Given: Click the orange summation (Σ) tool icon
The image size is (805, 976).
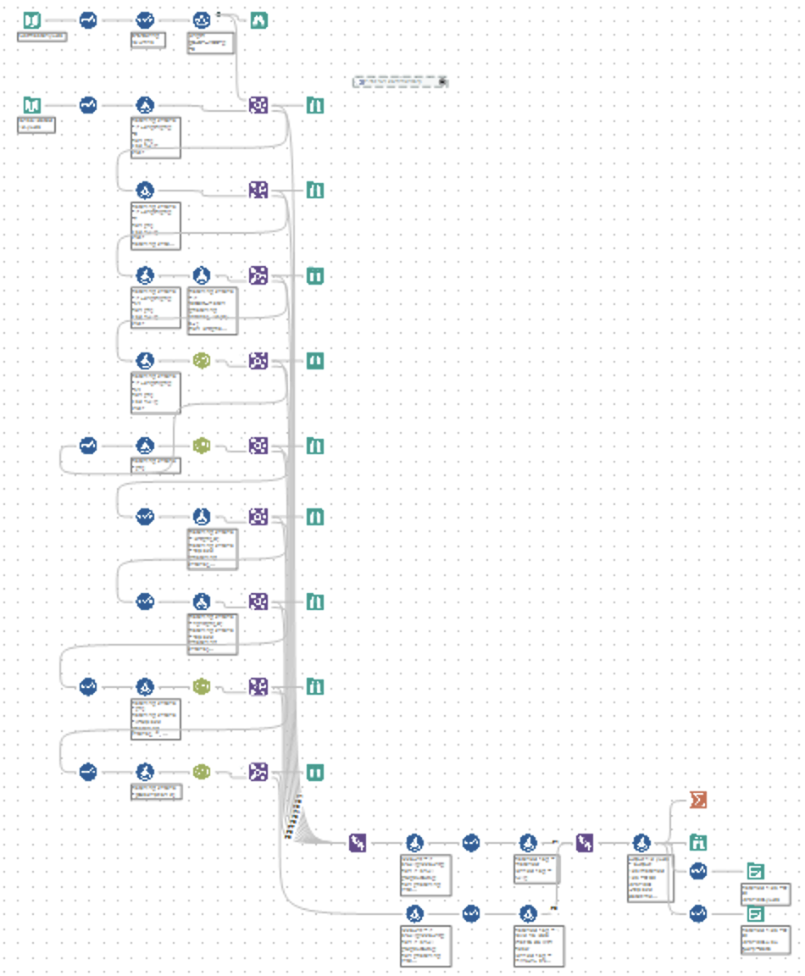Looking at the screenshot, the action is pos(697,800).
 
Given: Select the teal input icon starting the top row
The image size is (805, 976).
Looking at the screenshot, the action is pos(31,19).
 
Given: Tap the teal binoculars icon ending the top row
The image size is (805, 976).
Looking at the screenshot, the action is pos(259,19).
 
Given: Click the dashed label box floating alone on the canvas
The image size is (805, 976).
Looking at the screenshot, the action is pos(400,81).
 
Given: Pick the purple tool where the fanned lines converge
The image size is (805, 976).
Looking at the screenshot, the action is pos(358,842).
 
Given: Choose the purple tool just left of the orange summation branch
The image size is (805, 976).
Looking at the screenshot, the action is pos(585,842).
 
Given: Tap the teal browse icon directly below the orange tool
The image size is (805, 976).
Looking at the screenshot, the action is pos(697,842).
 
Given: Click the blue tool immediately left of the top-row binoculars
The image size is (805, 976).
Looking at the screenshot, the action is pos(202,19).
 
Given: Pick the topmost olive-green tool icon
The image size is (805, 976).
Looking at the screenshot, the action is pos(202,361).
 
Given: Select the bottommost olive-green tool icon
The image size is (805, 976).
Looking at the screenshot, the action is pos(202,772).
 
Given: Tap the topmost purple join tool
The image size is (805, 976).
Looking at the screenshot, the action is pos(258,105).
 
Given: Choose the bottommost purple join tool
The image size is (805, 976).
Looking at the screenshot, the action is pos(258,772).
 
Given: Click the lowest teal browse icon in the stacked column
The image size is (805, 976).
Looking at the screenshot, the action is pos(314,772).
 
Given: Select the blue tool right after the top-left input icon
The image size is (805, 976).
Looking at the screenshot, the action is pos(88,19).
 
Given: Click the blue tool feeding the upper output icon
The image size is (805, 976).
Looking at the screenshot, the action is pos(697,871).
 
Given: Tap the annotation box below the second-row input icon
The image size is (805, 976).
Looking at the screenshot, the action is pos(36,125).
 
